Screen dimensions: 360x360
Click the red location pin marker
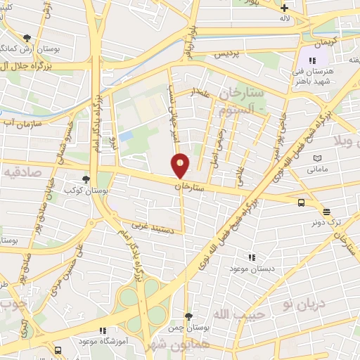click(x=181, y=165)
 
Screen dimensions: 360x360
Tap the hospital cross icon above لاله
click(x=284, y=8)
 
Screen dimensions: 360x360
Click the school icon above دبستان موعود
click(x=252, y=257)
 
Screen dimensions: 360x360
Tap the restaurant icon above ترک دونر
click(x=326, y=211)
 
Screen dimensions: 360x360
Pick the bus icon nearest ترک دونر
click(x=301, y=202)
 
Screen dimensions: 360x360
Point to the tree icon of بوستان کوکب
click(x=86, y=180)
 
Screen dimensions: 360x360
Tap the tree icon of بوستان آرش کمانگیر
click(x=27, y=38)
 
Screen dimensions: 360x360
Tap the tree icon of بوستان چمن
click(x=188, y=316)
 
